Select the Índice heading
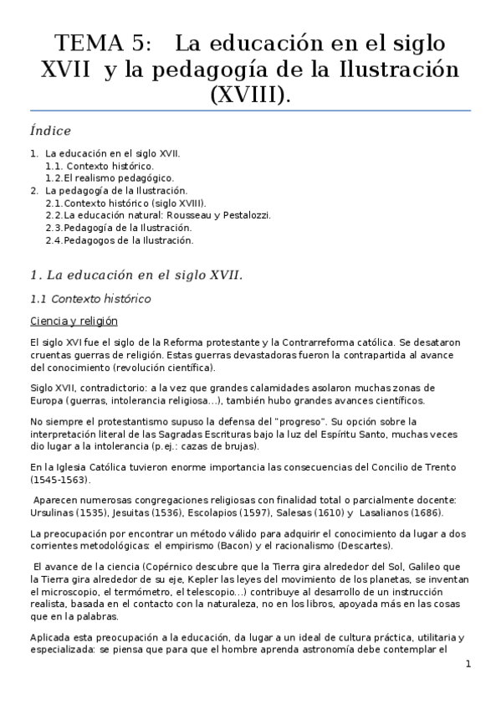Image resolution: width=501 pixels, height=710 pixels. tap(50, 131)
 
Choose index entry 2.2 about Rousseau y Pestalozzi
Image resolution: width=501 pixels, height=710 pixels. tap(158, 215)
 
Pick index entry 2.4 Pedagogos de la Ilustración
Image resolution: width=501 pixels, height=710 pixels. tap(120, 240)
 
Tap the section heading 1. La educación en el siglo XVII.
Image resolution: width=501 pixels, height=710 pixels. tap(135, 274)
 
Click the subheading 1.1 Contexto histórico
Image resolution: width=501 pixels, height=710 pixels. tap(90, 298)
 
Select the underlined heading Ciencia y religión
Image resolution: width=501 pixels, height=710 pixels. tap(74, 322)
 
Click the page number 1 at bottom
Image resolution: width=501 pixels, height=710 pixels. tap(468, 664)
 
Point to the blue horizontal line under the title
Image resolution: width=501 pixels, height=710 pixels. tap(250, 111)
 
